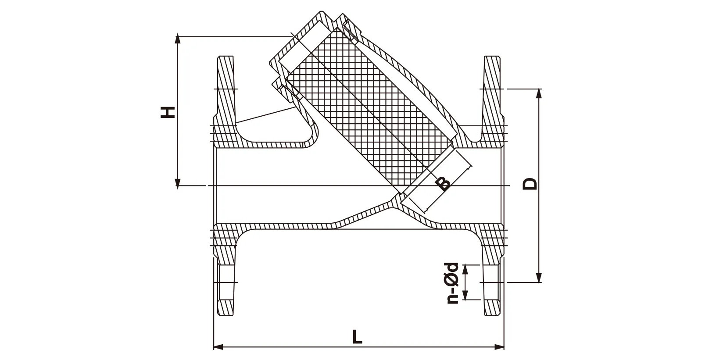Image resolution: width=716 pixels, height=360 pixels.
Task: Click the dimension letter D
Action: point(530,183)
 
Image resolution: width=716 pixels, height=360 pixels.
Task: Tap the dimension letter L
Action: point(358,337)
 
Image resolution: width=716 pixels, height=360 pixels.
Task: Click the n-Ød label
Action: point(451,283)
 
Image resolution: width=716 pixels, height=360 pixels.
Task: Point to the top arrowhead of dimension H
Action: point(178,39)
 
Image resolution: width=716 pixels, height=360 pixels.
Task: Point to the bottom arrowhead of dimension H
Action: point(178,184)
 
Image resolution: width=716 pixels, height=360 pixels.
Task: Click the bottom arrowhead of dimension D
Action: point(539,279)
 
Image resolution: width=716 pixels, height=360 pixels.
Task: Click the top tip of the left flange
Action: point(226,57)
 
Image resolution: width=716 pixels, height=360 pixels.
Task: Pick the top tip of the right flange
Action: point(492,57)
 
